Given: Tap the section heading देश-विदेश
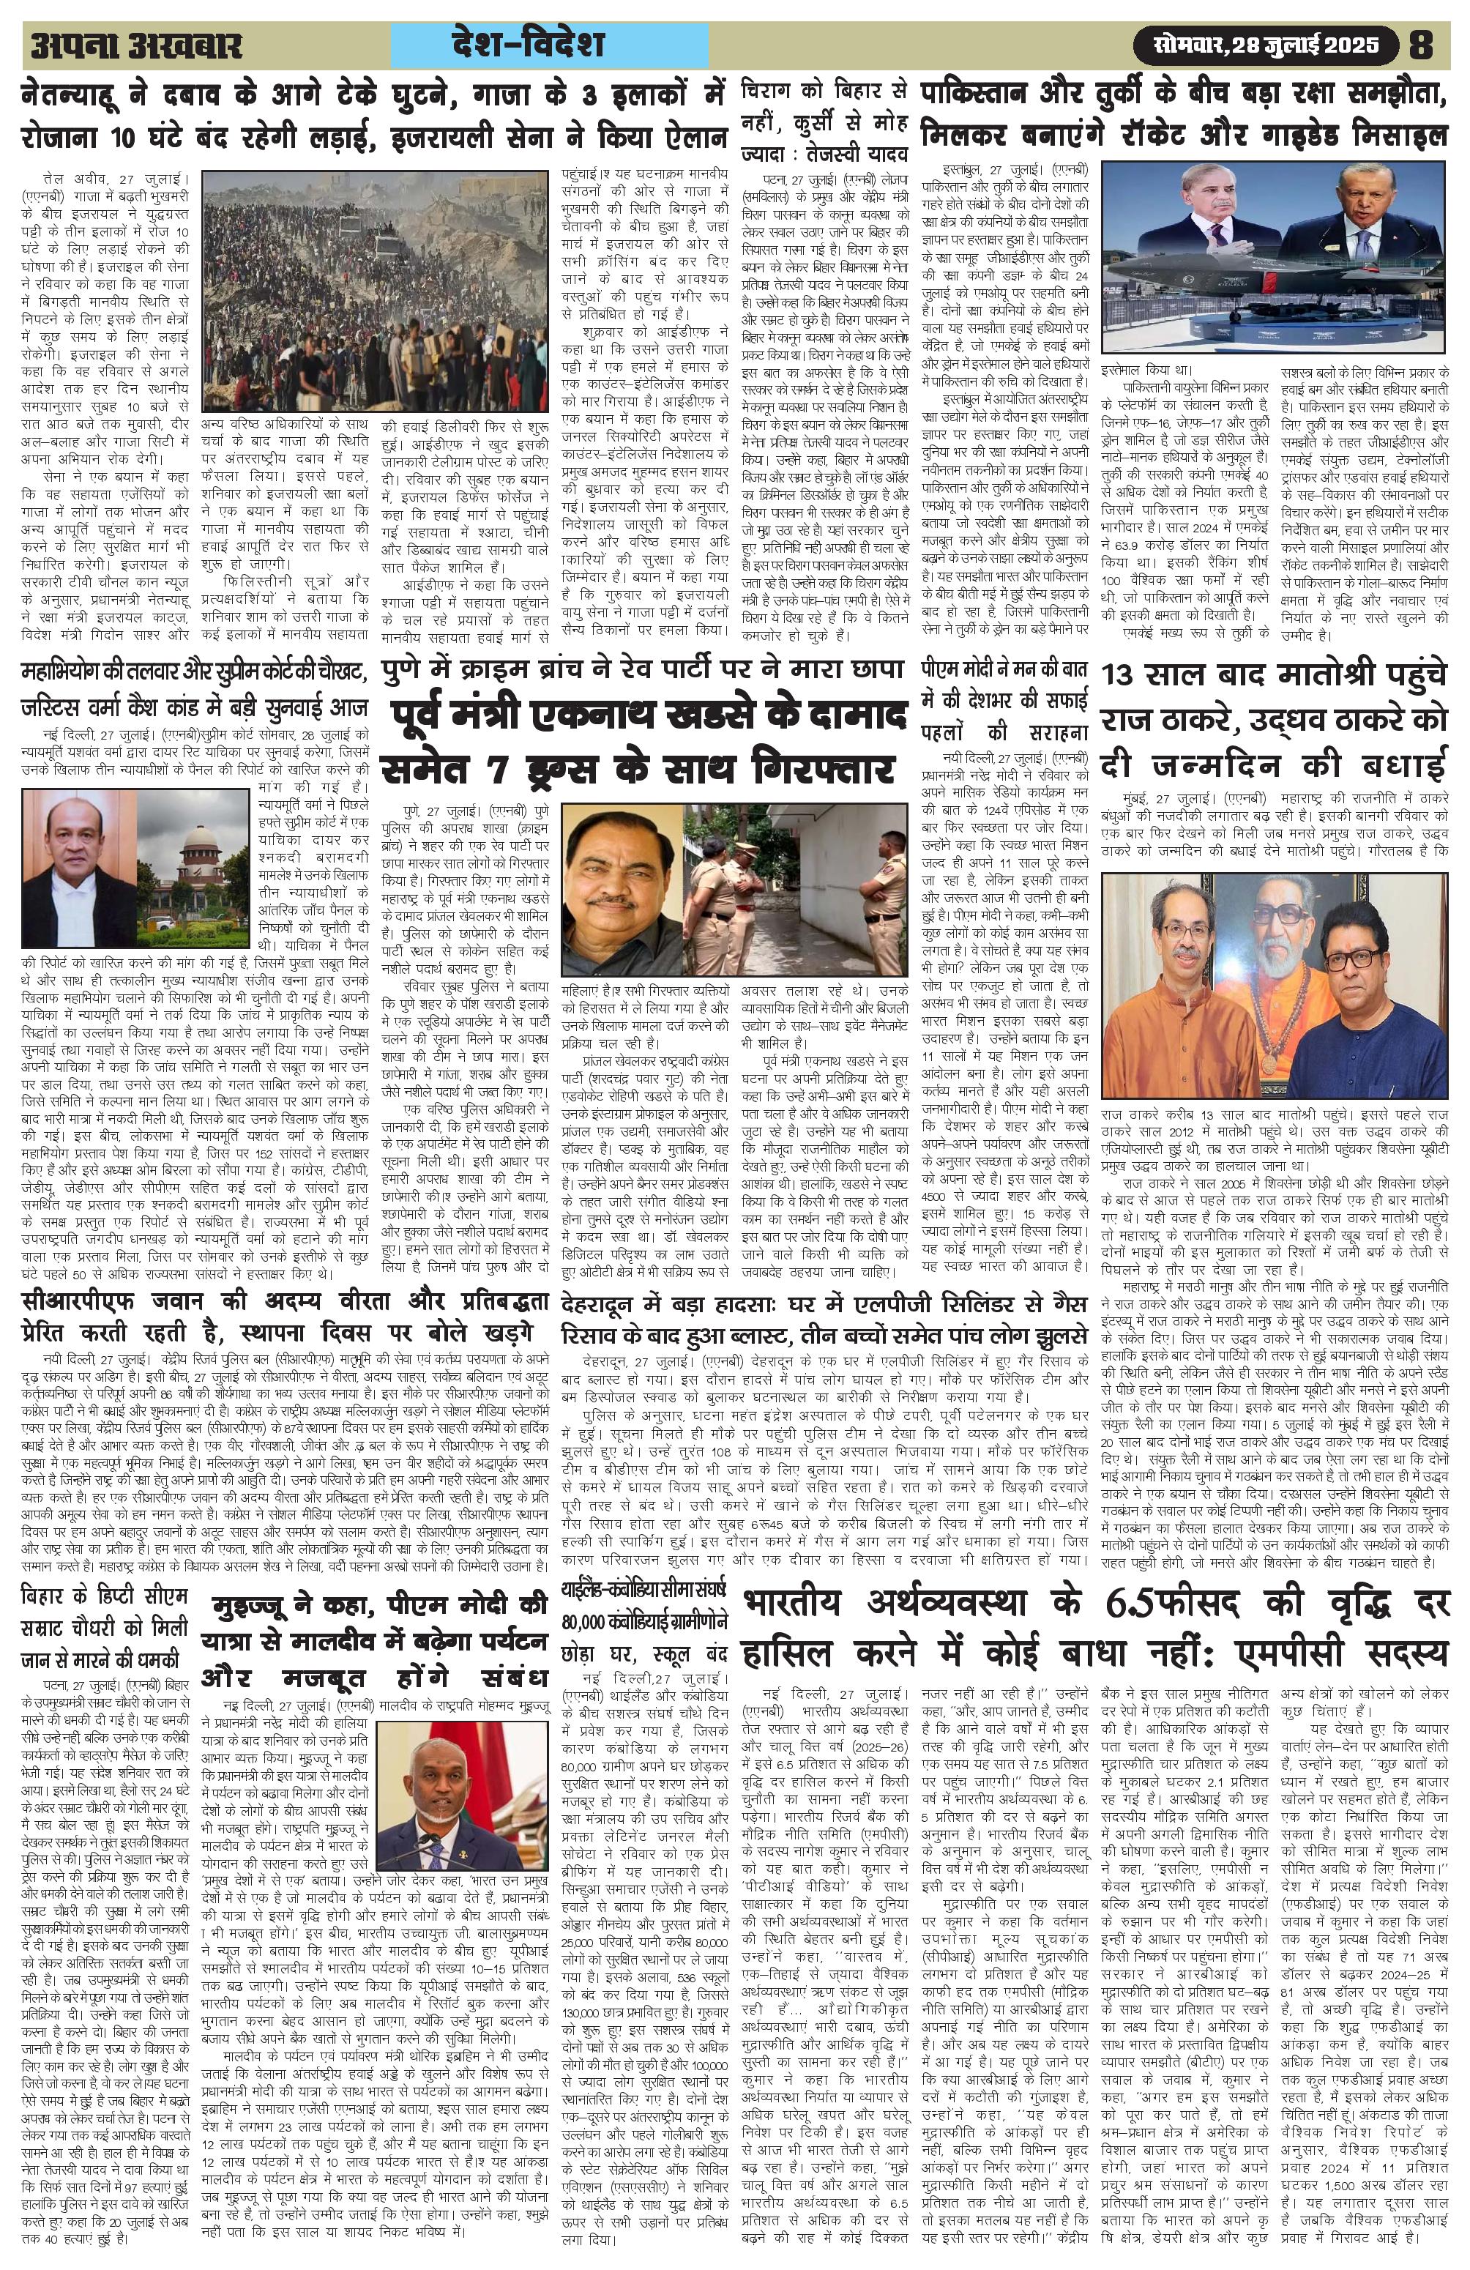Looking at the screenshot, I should point(552,45).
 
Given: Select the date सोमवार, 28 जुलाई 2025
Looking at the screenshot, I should point(1266,45).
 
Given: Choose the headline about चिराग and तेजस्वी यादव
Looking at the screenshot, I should point(824,124).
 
